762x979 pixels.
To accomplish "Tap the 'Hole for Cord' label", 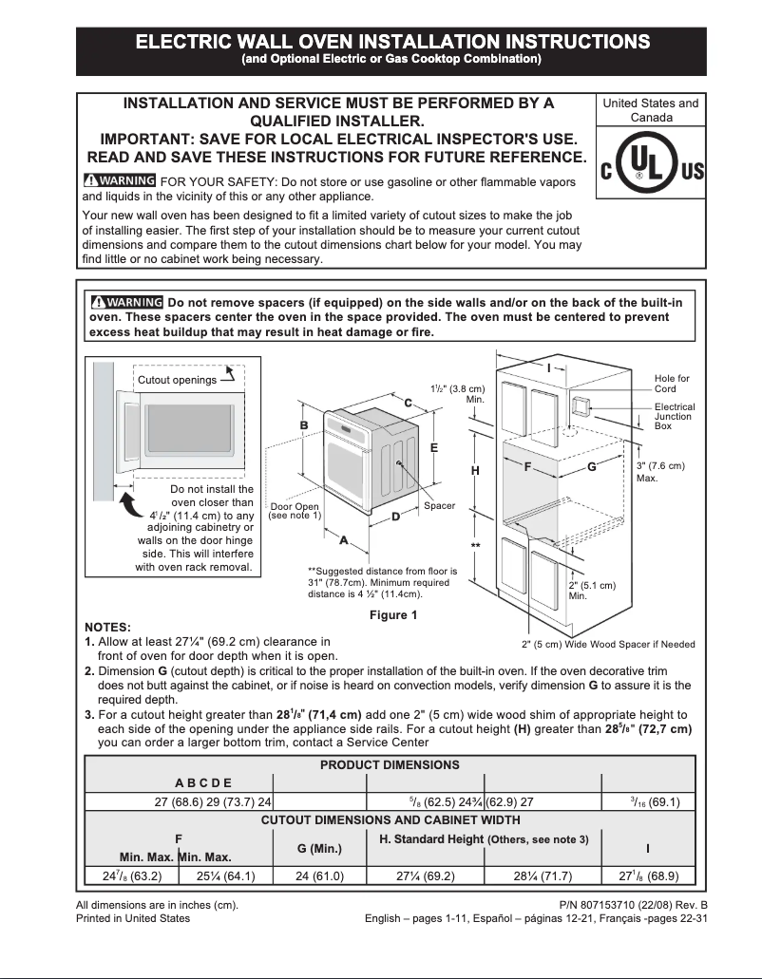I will [671, 384].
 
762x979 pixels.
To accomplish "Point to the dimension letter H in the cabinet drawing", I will [476, 470].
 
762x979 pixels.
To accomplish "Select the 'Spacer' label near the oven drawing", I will [439, 506].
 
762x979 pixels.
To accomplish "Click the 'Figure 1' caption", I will [393, 615].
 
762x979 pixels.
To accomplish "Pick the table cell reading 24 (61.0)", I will [319, 876].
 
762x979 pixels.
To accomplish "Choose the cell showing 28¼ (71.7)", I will [543, 876].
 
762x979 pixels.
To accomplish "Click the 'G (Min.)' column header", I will [319, 847].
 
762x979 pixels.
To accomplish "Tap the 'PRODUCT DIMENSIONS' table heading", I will [390, 764].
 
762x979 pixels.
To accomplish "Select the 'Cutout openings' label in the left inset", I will [177, 380].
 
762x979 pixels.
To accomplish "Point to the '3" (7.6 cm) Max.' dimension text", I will [659, 472].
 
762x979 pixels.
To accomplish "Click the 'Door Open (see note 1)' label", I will [295, 511].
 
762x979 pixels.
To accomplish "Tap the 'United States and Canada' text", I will [651, 110].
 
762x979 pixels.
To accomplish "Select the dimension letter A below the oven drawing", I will [343, 539].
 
